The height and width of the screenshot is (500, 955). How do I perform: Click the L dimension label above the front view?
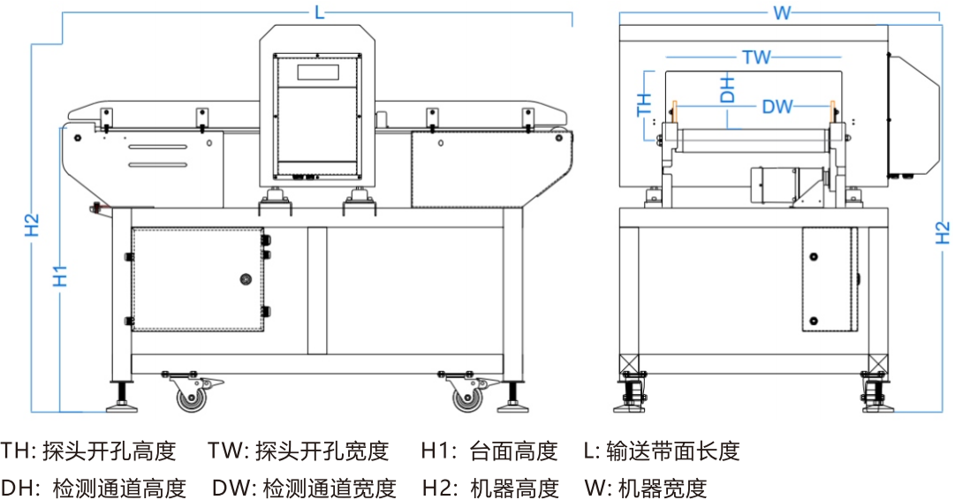click(319, 12)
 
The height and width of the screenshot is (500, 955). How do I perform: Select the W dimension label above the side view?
click(781, 12)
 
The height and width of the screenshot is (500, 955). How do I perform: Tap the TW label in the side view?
click(755, 58)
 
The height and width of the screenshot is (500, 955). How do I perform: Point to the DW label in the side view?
click(777, 108)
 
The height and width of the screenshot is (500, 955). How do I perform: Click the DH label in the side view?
click(727, 88)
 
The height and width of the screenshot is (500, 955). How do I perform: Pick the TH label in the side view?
click(644, 104)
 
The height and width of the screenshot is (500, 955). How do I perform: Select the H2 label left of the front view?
click(32, 225)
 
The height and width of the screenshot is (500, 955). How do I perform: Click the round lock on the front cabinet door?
click(245, 279)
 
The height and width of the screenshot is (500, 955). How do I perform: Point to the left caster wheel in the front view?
click(192, 399)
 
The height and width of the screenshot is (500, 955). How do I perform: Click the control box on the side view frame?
click(830, 279)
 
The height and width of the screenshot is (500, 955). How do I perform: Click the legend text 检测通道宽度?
click(330, 488)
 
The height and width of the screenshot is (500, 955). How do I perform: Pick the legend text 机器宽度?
click(663, 488)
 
